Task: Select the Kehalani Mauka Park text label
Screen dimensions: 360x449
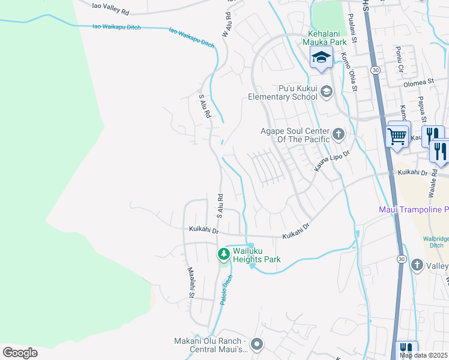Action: (x=327, y=38)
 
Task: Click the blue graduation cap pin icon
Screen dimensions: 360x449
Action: (x=321, y=58)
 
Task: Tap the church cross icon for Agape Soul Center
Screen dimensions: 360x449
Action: (x=339, y=133)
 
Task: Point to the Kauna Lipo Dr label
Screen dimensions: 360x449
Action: (x=332, y=160)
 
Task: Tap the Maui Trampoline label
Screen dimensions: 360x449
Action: (x=414, y=209)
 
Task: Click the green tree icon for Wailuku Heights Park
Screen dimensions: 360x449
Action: (x=223, y=254)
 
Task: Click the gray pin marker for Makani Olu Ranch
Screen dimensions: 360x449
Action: (x=257, y=344)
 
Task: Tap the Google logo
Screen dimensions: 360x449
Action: (x=20, y=353)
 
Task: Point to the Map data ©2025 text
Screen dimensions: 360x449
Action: (x=424, y=355)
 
